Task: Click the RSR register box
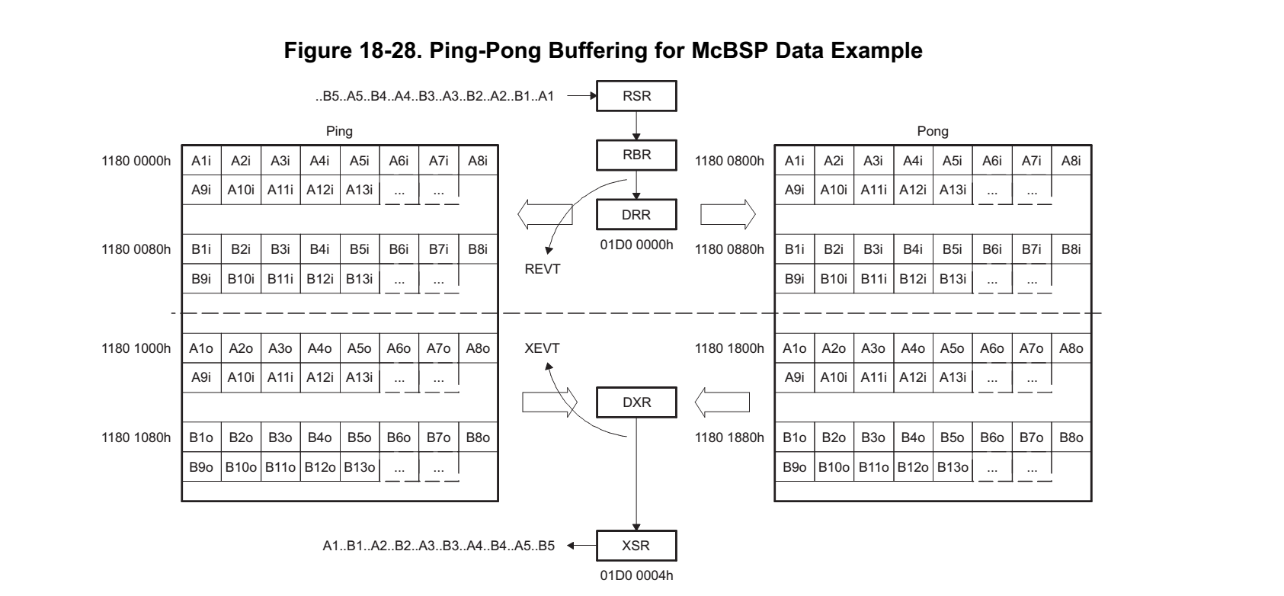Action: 636,97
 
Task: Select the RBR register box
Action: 636,155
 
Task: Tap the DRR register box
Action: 636,215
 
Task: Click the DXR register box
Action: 636,402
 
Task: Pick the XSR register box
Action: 636,546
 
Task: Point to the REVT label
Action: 543,269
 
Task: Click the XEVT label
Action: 543,348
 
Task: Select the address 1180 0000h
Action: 136,161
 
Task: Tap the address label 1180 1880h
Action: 729,437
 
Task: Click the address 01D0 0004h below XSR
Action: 636,575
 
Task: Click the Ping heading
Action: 339,131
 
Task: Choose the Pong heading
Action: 933,131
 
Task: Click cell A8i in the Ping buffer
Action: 478,161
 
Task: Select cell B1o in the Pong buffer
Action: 794,437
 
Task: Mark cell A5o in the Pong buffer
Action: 953,348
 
